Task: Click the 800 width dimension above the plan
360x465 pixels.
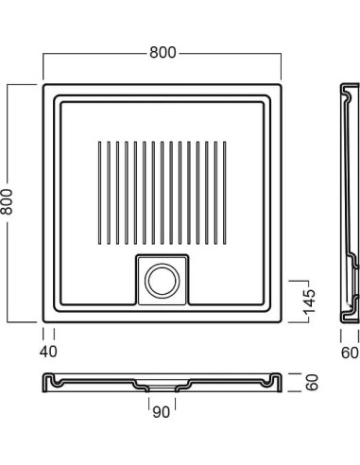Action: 163,53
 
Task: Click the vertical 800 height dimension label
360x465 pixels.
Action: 7,202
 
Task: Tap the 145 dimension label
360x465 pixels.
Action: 309,301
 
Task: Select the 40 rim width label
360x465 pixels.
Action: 48,352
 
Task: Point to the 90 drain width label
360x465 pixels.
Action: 161,412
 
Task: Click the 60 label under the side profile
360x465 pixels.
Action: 350,353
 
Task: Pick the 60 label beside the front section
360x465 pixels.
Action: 312,383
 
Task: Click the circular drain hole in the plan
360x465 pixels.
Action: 163,281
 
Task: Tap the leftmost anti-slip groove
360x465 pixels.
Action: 100,193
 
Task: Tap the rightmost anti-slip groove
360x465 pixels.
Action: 225,193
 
